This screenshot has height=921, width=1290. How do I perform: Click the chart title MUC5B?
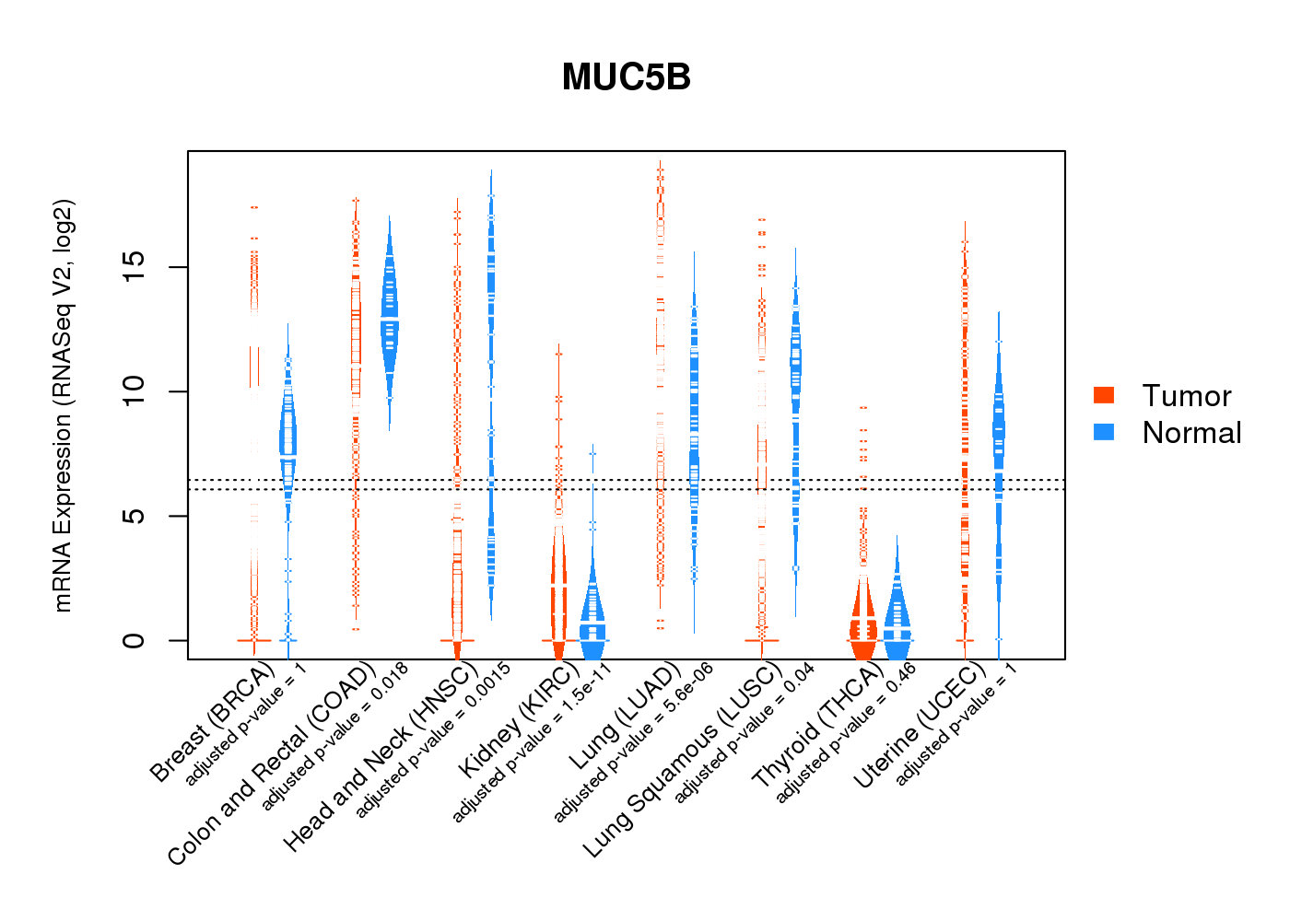pyautogui.click(x=626, y=78)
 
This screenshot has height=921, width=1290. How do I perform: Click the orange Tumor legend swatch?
pyautogui.click(x=1104, y=395)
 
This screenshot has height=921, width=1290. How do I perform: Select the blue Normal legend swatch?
pyautogui.click(x=1104, y=432)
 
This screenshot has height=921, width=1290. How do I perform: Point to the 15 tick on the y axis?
pyautogui.click(x=135, y=267)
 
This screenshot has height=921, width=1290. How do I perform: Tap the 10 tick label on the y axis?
pyautogui.click(x=135, y=391)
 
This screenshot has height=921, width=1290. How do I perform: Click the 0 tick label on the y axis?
pyautogui.click(x=135, y=640)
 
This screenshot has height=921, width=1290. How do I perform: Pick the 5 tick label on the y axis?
pyautogui.click(x=135, y=516)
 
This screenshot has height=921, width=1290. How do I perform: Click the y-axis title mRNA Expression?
pyautogui.click(x=63, y=405)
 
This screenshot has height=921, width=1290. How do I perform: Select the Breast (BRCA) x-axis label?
pyautogui.click(x=213, y=722)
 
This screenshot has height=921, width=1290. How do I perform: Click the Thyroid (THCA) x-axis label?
pyautogui.click(x=817, y=727)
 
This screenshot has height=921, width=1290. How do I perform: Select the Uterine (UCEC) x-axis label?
pyautogui.click(x=920, y=727)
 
